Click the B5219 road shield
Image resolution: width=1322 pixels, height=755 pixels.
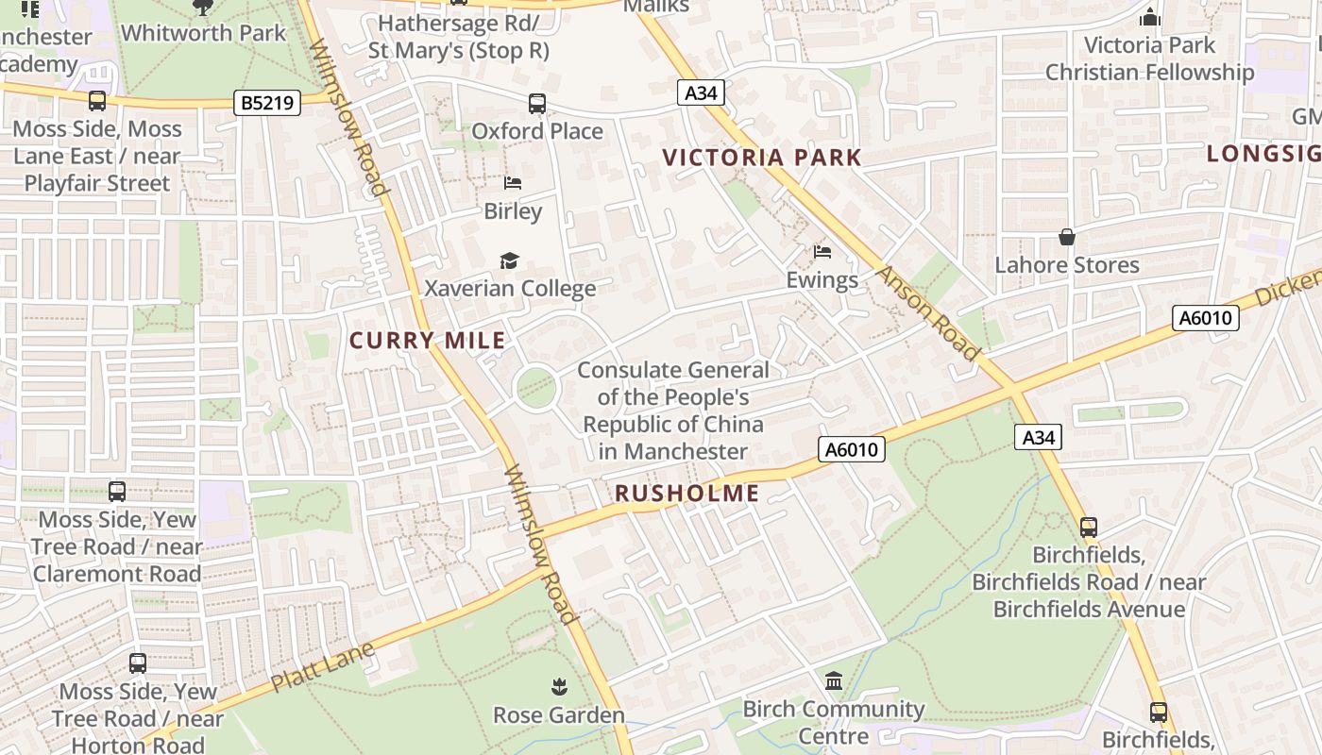[267, 102]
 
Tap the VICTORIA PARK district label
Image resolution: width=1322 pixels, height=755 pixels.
[762, 158]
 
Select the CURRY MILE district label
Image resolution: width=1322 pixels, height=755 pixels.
[428, 341]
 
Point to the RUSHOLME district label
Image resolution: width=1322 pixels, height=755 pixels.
[686, 493]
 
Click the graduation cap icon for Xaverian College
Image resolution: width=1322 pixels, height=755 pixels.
[510, 260]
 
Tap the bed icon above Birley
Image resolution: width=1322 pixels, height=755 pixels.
[513, 183]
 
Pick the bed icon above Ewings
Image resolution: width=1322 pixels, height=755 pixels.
[822, 252]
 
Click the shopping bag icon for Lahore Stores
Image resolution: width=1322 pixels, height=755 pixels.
[1067, 236]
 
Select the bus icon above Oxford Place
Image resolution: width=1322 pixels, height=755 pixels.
[536, 103]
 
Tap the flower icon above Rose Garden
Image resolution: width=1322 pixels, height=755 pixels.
[559, 687]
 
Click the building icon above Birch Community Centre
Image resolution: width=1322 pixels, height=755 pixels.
[834, 680]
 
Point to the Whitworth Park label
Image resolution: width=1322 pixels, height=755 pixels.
[203, 33]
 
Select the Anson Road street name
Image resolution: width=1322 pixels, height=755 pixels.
[928, 312]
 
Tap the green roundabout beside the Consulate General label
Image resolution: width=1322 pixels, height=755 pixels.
[536, 388]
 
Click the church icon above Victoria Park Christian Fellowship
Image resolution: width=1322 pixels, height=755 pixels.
[1149, 17]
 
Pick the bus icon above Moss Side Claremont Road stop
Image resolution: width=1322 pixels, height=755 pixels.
[116, 491]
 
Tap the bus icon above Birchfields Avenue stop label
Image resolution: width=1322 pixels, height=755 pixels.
[1088, 527]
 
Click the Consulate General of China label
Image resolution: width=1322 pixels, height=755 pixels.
[673, 411]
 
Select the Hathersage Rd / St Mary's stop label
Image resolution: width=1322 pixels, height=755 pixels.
[459, 36]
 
